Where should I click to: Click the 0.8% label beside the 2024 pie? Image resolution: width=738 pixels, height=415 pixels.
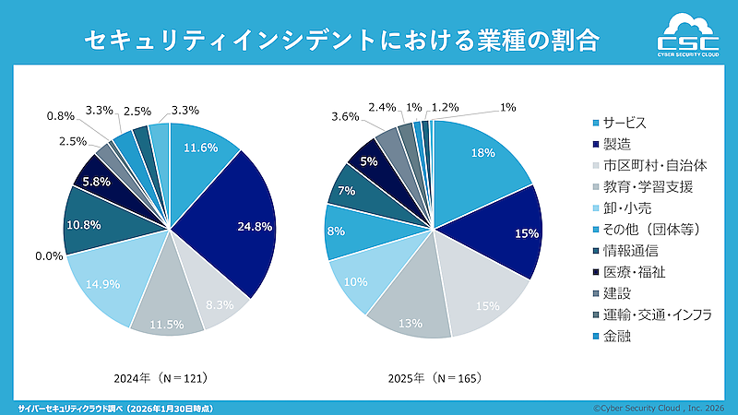pos(60,117)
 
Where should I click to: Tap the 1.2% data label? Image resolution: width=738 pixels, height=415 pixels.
pos(446,107)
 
